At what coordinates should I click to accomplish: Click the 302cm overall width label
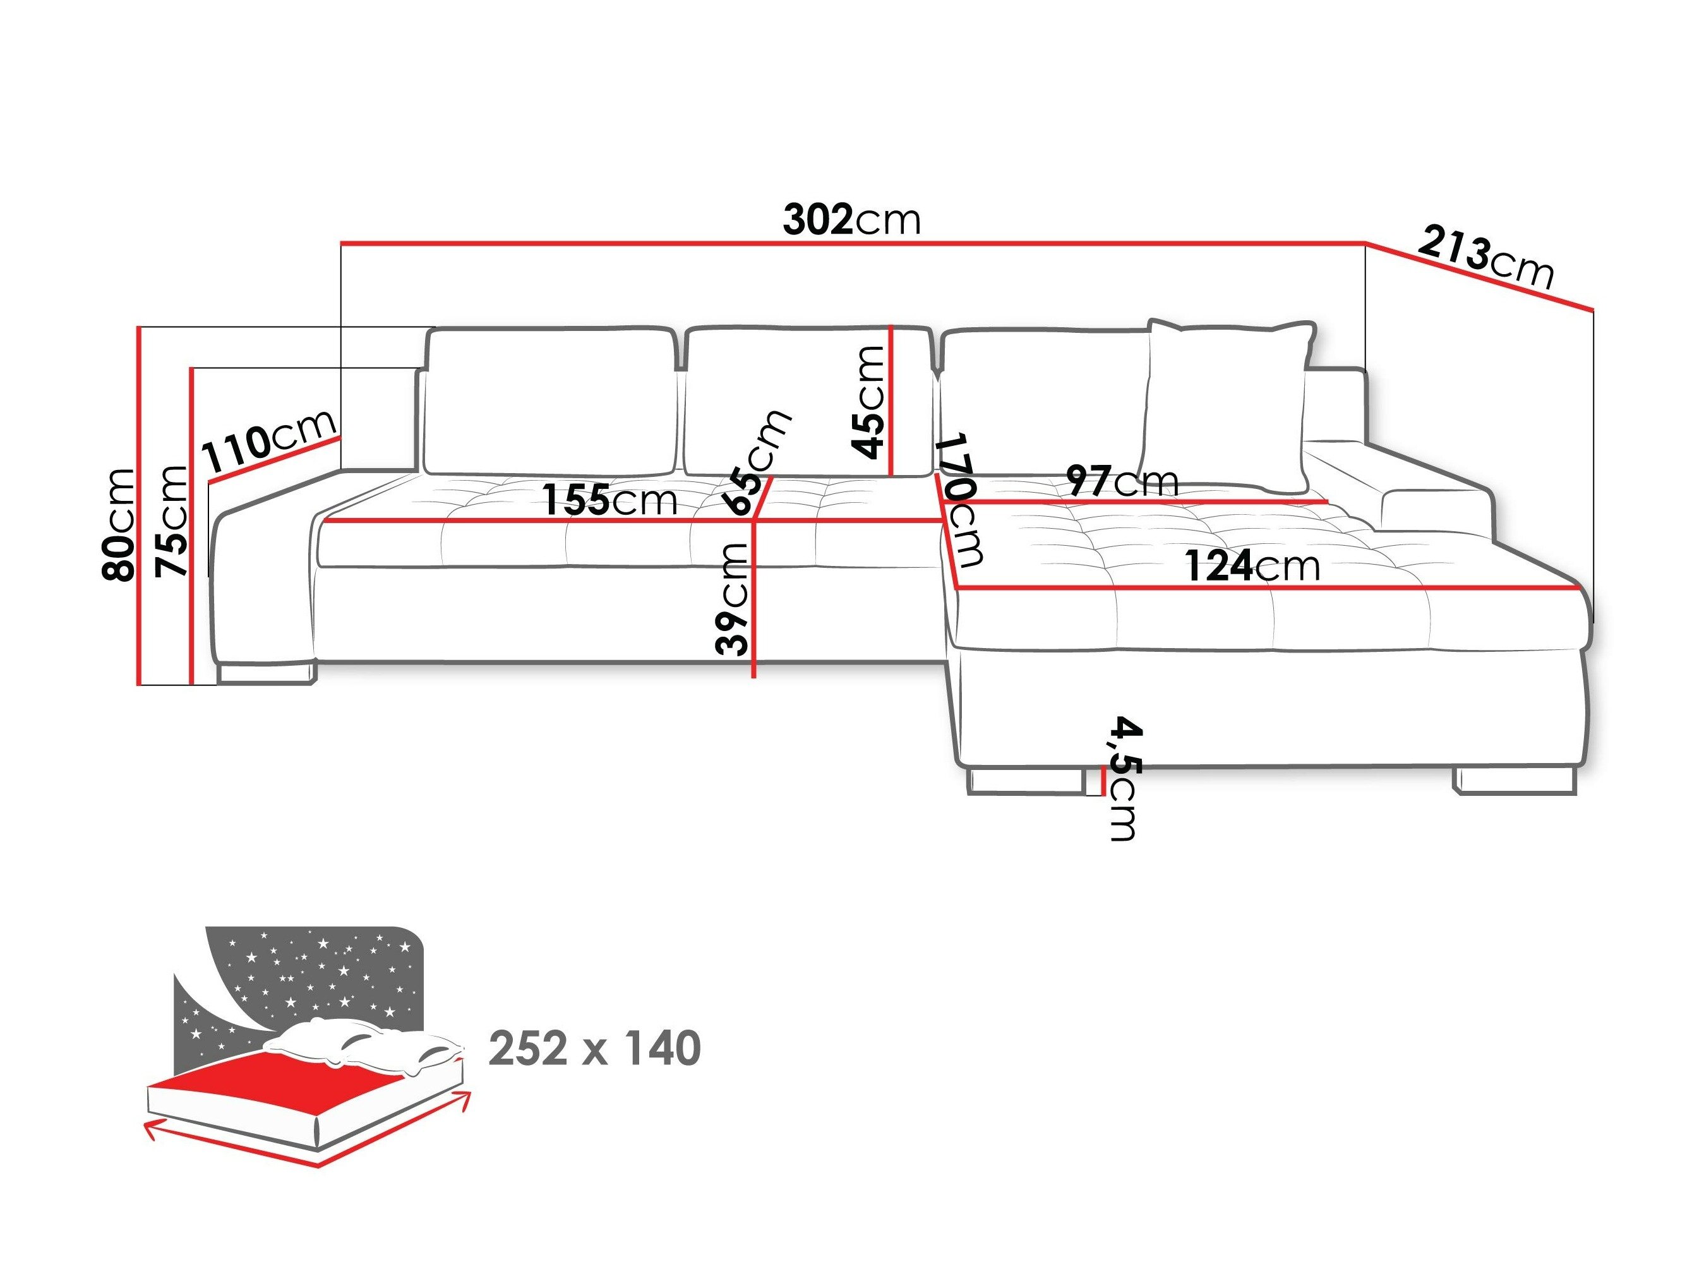click(x=851, y=220)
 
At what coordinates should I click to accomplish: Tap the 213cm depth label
click(x=1485, y=260)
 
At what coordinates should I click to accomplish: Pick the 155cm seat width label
click(x=609, y=501)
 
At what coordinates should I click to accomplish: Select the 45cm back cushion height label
click(x=869, y=402)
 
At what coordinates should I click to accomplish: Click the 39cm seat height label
click(x=732, y=599)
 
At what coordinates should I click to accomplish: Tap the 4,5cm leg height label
click(x=1124, y=778)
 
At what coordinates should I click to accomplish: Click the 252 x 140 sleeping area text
click(x=594, y=1049)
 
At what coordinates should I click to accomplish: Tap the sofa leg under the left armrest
click(x=265, y=673)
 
